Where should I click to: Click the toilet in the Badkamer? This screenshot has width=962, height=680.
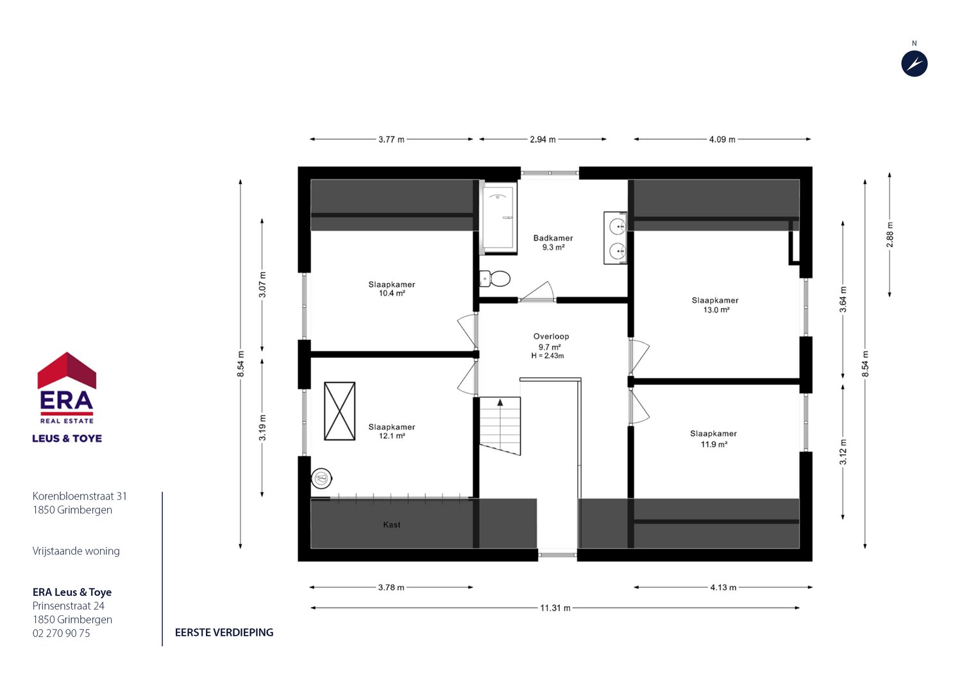(494, 278)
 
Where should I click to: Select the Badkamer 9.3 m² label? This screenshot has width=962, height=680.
(553, 242)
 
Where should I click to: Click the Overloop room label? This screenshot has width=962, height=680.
(551, 336)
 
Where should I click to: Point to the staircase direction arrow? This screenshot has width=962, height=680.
(500, 402)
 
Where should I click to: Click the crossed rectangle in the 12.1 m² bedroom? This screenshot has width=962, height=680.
(340, 411)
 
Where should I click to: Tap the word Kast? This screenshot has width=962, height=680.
(392, 525)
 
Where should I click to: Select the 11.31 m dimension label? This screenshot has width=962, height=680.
(555, 608)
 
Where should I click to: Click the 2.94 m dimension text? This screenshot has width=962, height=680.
(543, 139)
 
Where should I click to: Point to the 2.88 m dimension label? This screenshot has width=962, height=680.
(890, 235)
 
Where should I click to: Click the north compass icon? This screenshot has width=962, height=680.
(915, 64)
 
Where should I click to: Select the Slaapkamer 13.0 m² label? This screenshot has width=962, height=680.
(715, 305)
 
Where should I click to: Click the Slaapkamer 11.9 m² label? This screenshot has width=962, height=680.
(713, 439)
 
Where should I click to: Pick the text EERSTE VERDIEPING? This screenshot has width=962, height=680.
(224, 633)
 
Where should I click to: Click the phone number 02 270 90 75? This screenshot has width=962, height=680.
(62, 633)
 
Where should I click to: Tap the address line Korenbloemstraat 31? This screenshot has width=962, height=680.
(80, 496)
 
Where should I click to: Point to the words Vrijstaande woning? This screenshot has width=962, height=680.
(76, 550)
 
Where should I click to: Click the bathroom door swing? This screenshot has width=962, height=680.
(537, 291)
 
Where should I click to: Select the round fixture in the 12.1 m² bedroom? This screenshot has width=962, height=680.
(321, 478)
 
